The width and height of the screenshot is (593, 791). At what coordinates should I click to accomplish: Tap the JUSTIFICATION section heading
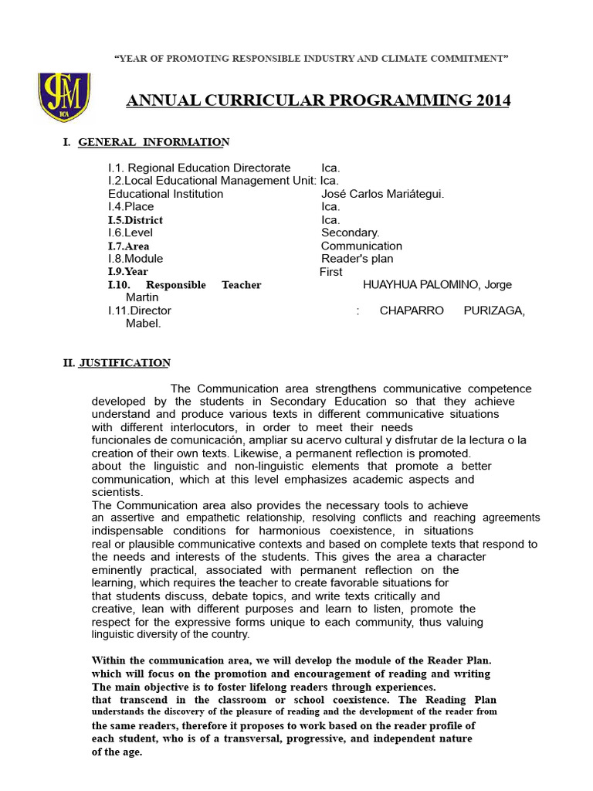[x=124, y=362]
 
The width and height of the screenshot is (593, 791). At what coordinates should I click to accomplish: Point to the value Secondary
[x=350, y=233]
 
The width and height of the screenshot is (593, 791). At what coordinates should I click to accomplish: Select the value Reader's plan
[x=357, y=259]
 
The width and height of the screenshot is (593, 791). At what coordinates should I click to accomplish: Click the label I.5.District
[x=135, y=220]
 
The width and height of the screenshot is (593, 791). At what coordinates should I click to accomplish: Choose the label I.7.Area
[x=128, y=246]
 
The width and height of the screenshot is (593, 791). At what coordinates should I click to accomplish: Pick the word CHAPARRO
[x=412, y=311]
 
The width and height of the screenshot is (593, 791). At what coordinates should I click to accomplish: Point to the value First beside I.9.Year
[x=330, y=272]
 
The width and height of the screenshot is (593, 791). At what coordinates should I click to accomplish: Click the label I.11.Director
[x=140, y=311]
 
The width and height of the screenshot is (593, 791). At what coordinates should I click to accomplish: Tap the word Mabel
[x=143, y=323]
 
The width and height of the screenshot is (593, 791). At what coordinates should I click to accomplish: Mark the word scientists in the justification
[x=117, y=492]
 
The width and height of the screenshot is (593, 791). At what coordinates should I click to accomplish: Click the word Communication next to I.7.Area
[x=361, y=246]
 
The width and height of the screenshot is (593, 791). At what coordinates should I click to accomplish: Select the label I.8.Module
[x=135, y=259]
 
